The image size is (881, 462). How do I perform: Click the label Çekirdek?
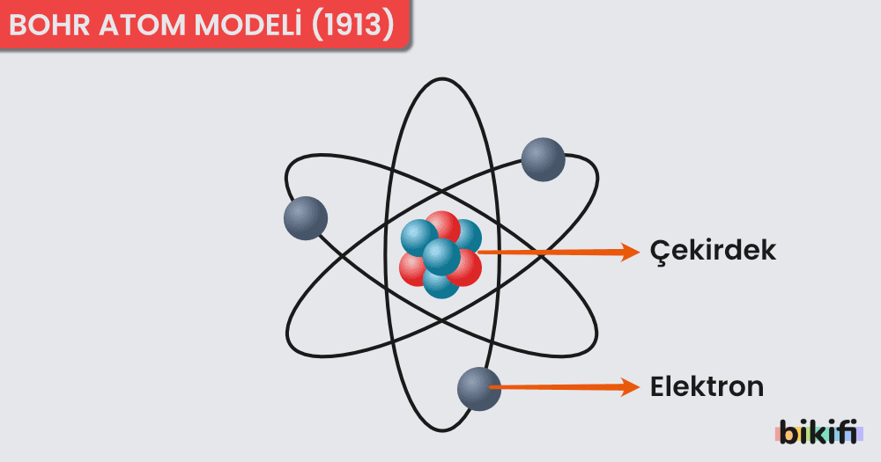713,251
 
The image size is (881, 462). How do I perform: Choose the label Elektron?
707,386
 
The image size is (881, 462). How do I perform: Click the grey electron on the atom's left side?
306,218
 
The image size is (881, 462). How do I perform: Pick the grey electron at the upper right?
543,159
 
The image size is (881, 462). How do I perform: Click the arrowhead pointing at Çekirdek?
629,252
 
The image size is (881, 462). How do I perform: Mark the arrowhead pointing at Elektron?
629,386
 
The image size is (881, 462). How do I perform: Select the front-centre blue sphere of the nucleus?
441,256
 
